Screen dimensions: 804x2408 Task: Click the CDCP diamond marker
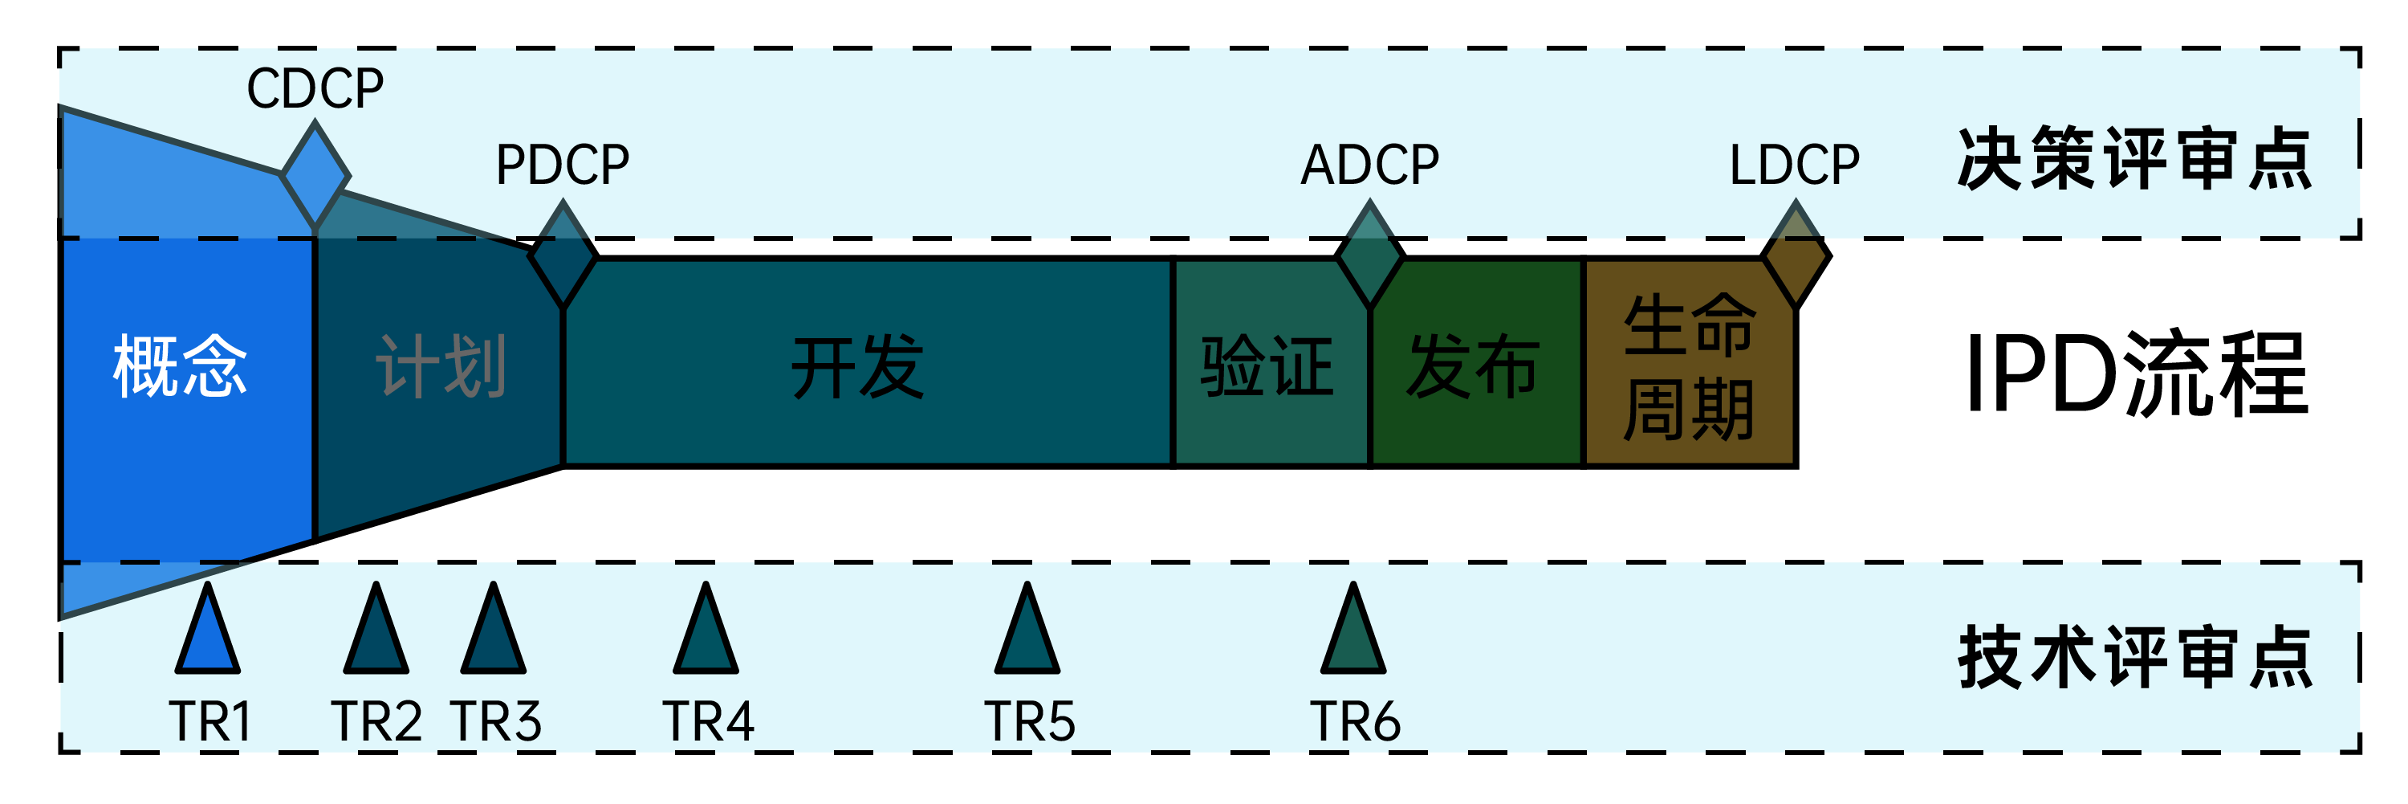tap(315, 176)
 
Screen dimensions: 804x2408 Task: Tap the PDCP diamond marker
tap(563, 255)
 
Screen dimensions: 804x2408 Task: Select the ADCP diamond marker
tap(1369, 255)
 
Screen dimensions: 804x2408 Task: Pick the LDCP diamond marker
tap(1796, 255)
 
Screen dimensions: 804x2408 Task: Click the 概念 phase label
tap(180, 366)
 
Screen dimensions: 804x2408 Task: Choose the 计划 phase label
tap(441, 366)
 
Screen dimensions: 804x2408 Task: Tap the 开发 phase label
tap(857, 366)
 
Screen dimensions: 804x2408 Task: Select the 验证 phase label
tap(1267, 366)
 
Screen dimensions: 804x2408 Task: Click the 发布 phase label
tap(1472, 366)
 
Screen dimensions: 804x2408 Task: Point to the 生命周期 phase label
tap(1688, 366)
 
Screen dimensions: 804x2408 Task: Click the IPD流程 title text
tap(2136, 374)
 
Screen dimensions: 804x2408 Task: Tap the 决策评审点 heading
tap(2134, 159)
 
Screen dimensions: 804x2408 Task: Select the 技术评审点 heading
tap(2134, 657)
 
